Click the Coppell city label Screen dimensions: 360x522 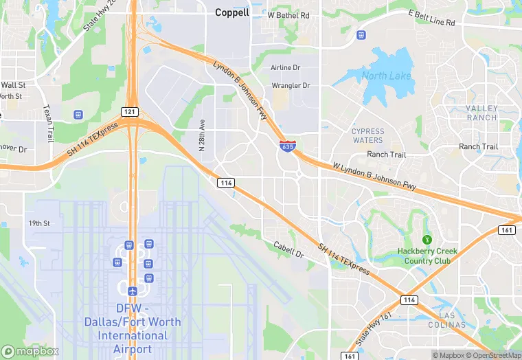click(232, 12)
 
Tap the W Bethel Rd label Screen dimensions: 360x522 click(288, 14)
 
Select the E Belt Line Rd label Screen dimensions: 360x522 click(432, 18)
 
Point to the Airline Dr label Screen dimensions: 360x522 click(286, 68)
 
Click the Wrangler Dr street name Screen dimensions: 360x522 click(291, 86)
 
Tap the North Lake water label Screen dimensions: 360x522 click(386, 76)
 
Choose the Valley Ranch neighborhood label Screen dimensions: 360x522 click(481, 113)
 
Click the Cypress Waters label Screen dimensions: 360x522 click(368, 135)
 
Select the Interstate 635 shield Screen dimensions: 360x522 click(288, 146)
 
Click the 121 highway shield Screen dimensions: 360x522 click(130, 112)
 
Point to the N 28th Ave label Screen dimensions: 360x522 click(202, 134)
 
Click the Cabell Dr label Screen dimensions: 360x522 click(288, 249)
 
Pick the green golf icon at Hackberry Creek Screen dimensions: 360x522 click(427, 240)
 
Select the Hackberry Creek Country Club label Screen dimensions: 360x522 click(427, 256)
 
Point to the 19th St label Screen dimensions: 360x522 click(39, 223)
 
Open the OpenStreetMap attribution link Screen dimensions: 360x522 click(491, 355)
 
